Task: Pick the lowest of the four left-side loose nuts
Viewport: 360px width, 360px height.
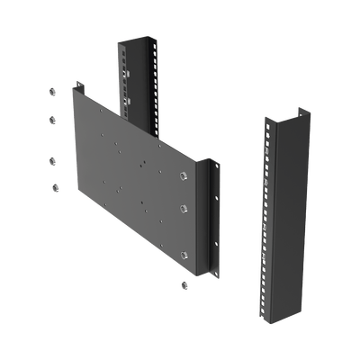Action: point(54,187)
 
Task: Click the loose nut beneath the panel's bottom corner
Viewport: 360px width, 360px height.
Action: point(184,285)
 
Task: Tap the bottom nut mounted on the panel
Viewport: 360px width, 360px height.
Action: point(184,254)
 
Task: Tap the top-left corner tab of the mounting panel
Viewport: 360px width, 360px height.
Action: point(80,87)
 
